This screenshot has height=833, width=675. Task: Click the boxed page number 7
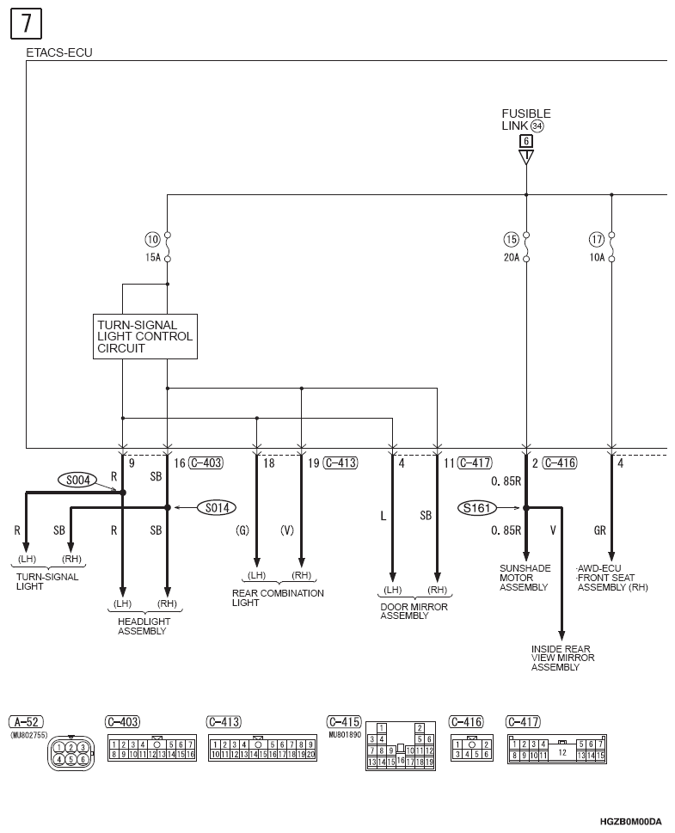tap(26, 24)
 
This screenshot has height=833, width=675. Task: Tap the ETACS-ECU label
tap(59, 52)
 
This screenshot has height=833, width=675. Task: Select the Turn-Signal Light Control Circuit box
tap(145, 336)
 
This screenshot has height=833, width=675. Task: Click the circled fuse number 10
tap(152, 239)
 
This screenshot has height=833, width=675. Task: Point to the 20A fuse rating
tap(512, 258)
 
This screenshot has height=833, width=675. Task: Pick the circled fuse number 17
tap(597, 239)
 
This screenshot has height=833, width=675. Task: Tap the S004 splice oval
tap(77, 481)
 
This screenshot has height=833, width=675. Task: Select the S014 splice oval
tap(217, 508)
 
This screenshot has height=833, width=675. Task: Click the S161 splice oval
tap(476, 508)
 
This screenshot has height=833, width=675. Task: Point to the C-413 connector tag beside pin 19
tap(341, 462)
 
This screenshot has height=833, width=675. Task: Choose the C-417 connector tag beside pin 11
tap(475, 462)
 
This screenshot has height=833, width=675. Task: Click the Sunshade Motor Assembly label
tap(525, 578)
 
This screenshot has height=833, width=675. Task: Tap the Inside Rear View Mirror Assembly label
tap(563, 658)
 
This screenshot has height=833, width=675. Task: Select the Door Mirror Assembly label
tap(414, 611)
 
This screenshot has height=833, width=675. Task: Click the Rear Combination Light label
tap(278, 597)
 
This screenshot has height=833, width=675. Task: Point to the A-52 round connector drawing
tap(71, 753)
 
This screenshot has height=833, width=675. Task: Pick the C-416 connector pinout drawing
tap(472, 749)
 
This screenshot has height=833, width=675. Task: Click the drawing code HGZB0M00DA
tap(631, 822)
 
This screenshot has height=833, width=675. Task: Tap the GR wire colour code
tap(599, 530)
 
